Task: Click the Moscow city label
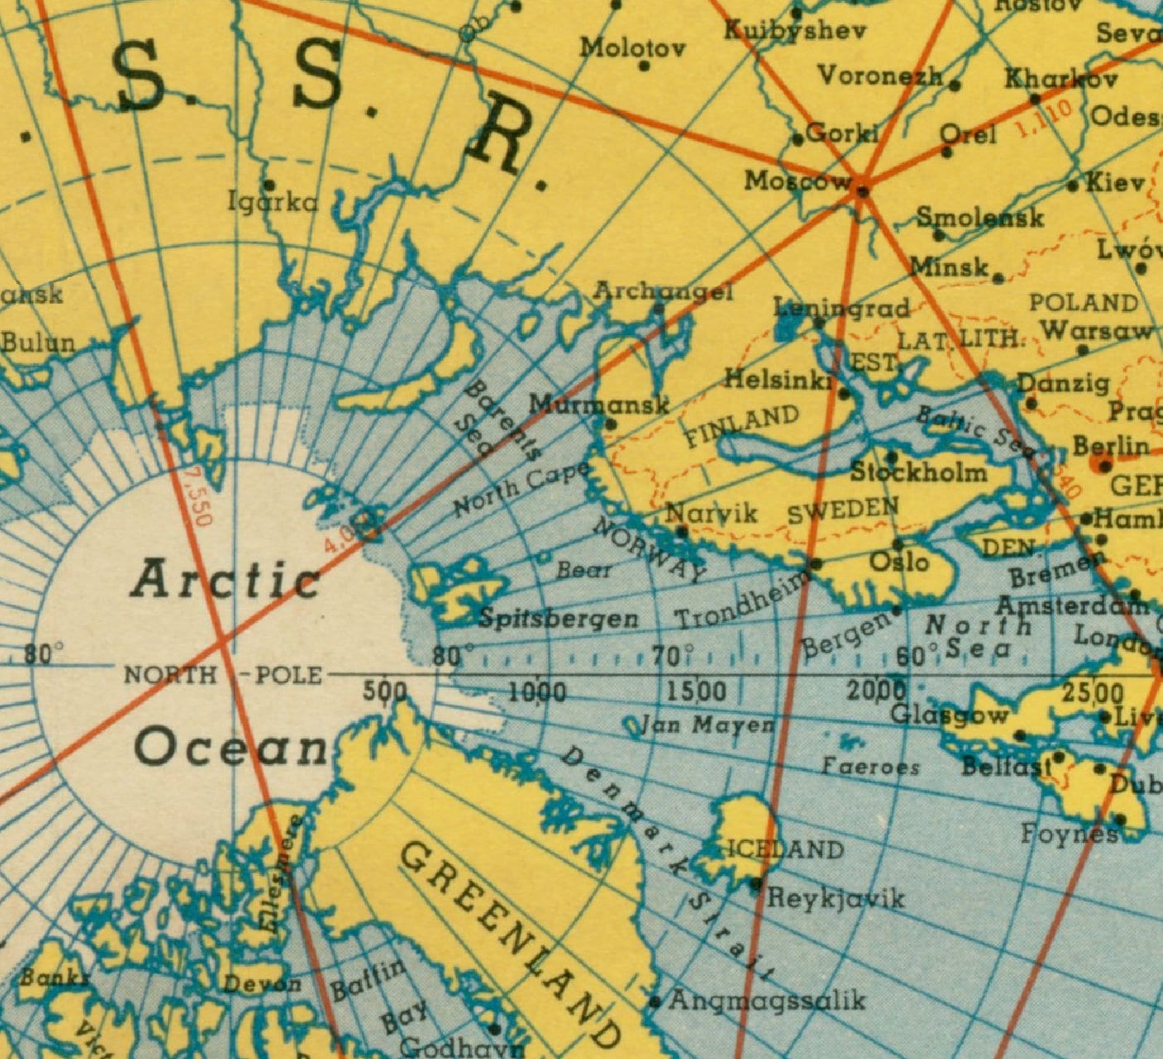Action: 796,181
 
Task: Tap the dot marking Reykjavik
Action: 755,884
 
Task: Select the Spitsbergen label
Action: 560,619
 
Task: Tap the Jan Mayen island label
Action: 709,726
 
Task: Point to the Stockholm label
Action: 919,473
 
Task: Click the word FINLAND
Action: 742,425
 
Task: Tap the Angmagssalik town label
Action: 767,1001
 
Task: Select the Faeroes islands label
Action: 870,767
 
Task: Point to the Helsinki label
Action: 778,380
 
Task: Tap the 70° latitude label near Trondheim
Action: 668,657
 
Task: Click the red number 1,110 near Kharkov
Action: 1043,118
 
